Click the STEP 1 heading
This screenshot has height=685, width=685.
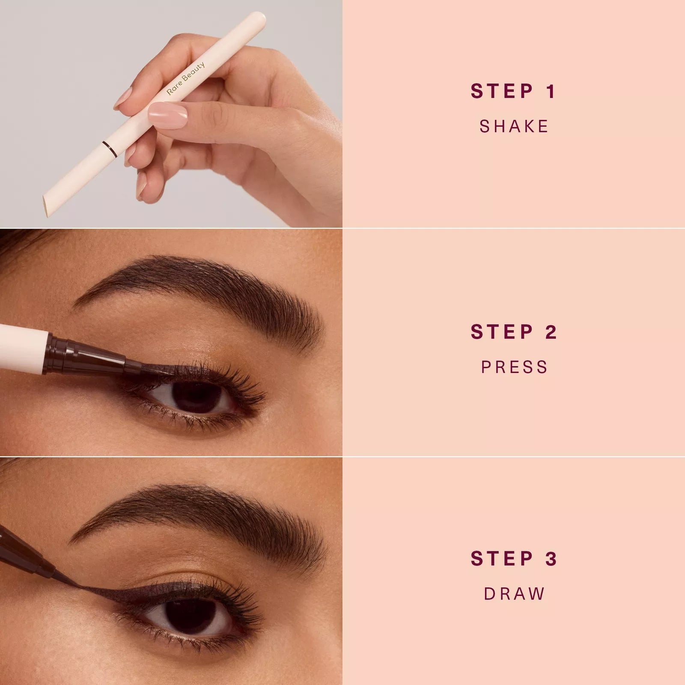[x=513, y=92]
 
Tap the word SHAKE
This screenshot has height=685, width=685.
[x=514, y=127]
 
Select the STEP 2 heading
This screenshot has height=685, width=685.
[x=513, y=332]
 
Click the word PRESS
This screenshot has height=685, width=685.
[x=514, y=367]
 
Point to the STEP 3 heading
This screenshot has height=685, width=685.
[x=513, y=559]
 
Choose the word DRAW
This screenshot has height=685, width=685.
[x=514, y=594]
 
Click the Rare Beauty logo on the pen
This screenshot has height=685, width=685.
[x=186, y=78]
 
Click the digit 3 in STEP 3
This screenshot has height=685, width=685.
[x=551, y=559]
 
